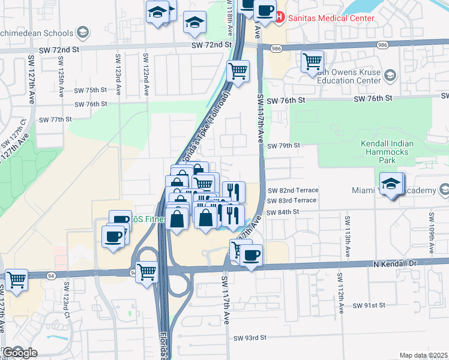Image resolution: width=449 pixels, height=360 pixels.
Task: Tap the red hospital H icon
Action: pos(280,18)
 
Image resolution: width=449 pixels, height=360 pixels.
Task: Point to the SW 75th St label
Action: pos(90,90)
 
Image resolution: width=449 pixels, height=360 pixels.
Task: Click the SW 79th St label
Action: pos(283,146)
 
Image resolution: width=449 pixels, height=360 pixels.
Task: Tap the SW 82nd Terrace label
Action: pos(292,190)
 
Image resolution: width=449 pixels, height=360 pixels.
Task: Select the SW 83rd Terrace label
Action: pos(291,200)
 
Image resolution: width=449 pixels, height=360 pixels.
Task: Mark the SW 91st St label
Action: pos(369,305)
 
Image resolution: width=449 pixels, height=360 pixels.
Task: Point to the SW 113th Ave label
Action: pos(348,234)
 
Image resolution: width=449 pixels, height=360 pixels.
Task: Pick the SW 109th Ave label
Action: pos(430,229)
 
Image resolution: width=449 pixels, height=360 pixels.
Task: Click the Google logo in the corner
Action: pos(20,353)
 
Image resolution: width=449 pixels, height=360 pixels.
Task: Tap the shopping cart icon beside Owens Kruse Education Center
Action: pos(312,61)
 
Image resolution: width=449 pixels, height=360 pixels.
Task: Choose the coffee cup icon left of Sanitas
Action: pos(265,10)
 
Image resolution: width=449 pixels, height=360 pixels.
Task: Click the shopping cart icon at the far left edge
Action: pos(16,279)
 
